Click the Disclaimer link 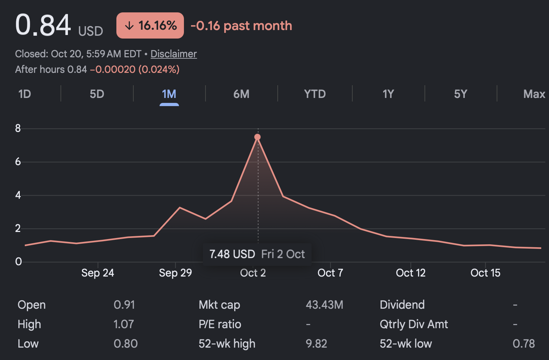174,54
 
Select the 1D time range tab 24,94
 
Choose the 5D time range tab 97,94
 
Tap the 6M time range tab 241,94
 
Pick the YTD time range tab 315,94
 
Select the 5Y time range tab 461,94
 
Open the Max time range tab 534,94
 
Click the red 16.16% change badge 150,25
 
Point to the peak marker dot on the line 258,137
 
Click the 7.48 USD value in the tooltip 232,254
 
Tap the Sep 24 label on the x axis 98,273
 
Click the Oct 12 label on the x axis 411,273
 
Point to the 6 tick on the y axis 18,162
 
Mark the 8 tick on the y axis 18,128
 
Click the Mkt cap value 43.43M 324,305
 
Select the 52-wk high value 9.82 316,344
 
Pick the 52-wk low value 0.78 524,344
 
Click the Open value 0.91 124,305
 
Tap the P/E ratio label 220,324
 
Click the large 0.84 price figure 43,25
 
